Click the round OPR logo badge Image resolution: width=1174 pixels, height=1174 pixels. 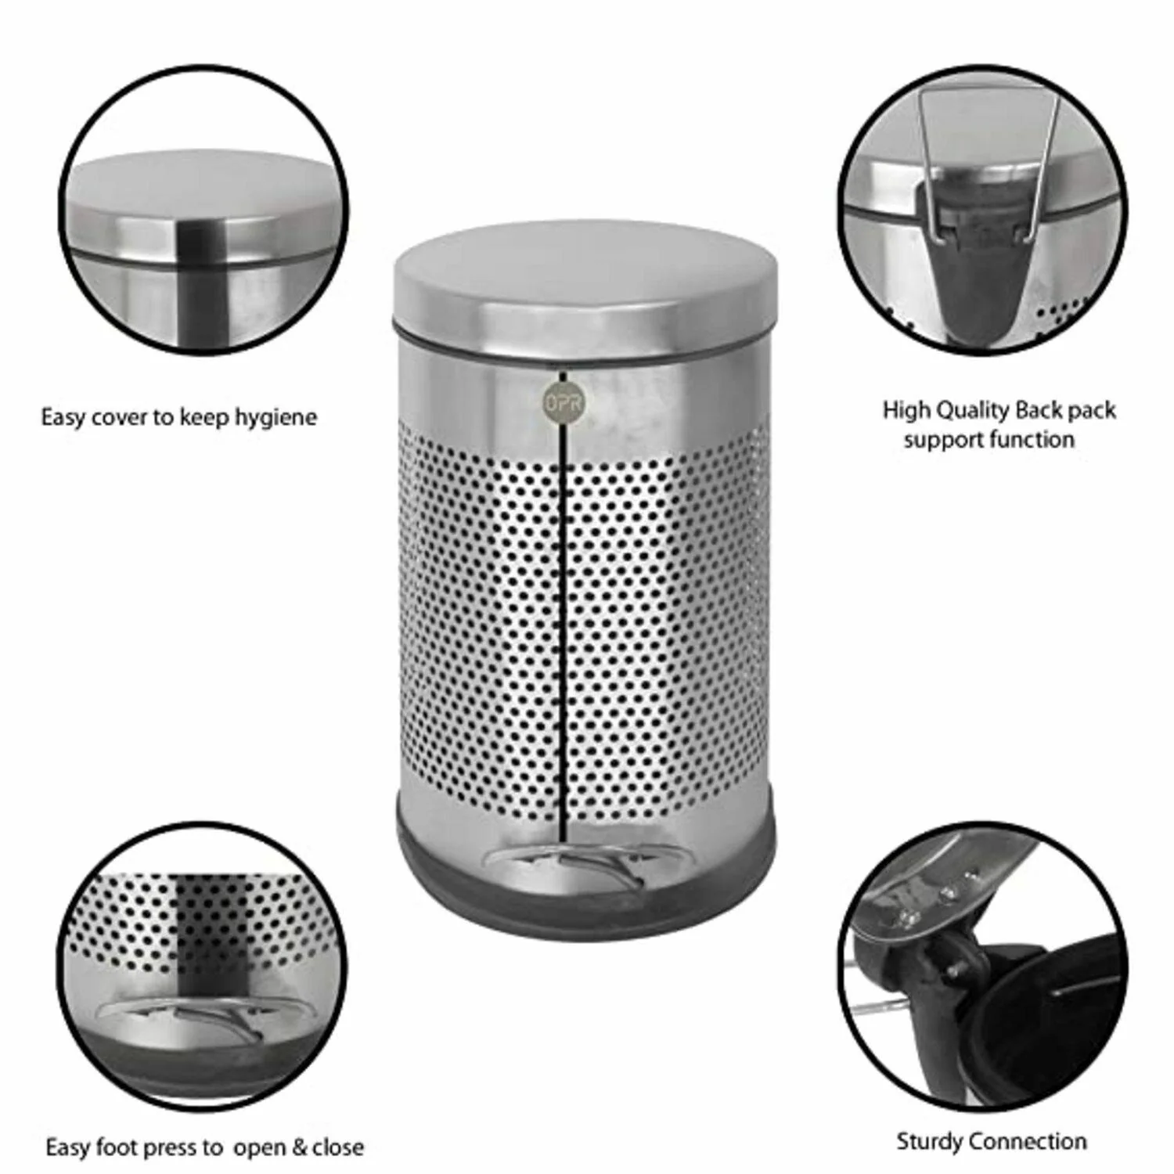tap(559, 403)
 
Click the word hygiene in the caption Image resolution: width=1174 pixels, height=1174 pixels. tap(276, 418)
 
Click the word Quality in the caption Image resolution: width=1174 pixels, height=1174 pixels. tap(971, 411)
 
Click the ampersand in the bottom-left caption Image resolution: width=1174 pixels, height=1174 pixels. tap(299, 1148)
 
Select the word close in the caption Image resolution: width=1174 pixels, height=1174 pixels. tap(338, 1148)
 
